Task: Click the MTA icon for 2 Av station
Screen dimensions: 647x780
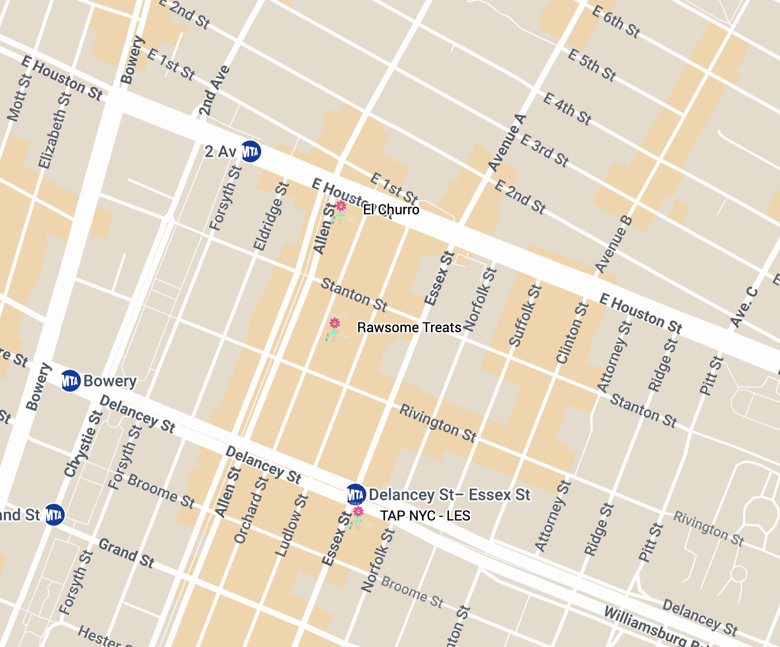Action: click(250, 151)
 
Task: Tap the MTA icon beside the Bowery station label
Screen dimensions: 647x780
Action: click(70, 381)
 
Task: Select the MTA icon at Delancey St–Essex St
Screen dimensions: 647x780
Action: click(356, 494)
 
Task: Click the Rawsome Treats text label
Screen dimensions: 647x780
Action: click(409, 328)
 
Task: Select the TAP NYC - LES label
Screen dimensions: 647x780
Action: click(425, 516)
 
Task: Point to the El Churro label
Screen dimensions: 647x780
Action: click(391, 210)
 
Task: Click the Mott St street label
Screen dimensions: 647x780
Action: click(20, 98)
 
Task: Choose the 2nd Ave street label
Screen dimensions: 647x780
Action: click(214, 91)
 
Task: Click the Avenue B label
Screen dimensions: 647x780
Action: click(614, 244)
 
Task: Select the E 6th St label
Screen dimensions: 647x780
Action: click(616, 22)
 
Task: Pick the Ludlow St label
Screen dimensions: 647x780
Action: click(291, 526)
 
